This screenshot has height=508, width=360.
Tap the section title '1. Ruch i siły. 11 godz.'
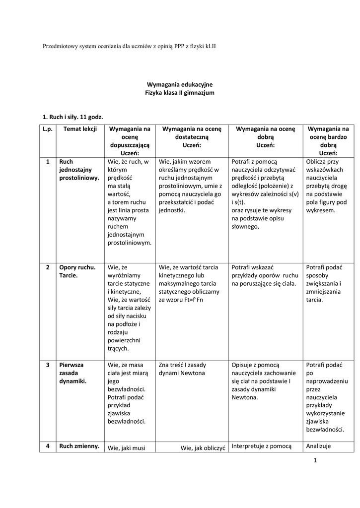[72, 117]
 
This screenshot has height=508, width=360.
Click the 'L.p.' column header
[48, 128]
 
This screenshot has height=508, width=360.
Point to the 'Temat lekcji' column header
[80, 128]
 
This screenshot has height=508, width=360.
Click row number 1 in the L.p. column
[48, 162]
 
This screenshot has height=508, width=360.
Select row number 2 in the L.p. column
[48, 267]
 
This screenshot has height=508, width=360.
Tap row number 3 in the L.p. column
[48, 365]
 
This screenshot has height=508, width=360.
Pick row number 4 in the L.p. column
[48, 446]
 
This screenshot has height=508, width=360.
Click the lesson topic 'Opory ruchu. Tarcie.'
[77, 271]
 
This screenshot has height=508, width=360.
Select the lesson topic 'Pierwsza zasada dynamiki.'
[73, 373]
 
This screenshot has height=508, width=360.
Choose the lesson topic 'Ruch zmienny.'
[78, 446]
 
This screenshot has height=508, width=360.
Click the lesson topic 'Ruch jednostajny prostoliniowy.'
[78, 170]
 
